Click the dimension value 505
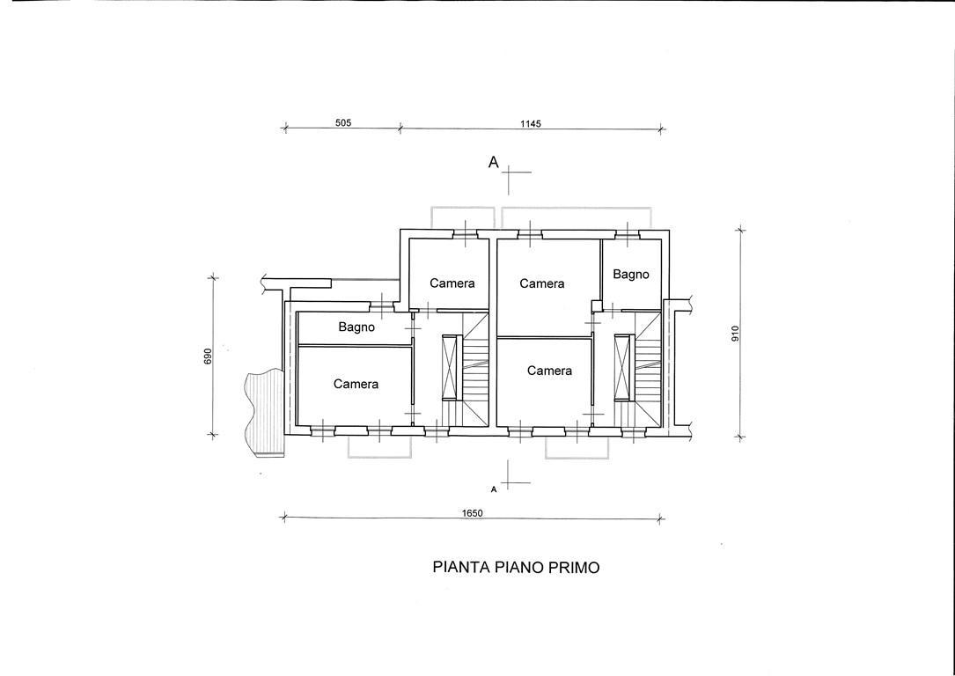pyautogui.click(x=343, y=123)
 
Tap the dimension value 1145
pyautogui.click(x=531, y=123)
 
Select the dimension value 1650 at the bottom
pyautogui.click(x=472, y=513)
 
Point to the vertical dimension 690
pyautogui.click(x=208, y=356)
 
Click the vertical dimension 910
pyautogui.click(x=735, y=334)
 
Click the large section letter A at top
pyautogui.click(x=493, y=162)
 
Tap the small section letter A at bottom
pyautogui.click(x=493, y=489)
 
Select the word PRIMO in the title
pyautogui.click(x=575, y=568)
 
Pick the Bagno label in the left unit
pyautogui.click(x=356, y=327)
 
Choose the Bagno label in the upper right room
pyautogui.click(x=631, y=275)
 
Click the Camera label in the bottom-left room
pyautogui.click(x=356, y=384)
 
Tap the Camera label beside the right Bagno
pyautogui.click(x=542, y=283)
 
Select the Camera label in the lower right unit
pyautogui.click(x=549, y=371)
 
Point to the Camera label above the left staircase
pyautogui.click(x=452, y=283)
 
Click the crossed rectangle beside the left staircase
pyautogui.click(x=450, y=367)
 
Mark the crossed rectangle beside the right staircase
pyautogui.click(x=622, y=367)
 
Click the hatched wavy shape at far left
pyautogui.click(x=264, y=413)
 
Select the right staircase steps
pyautogui.click(x=647, y=369)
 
